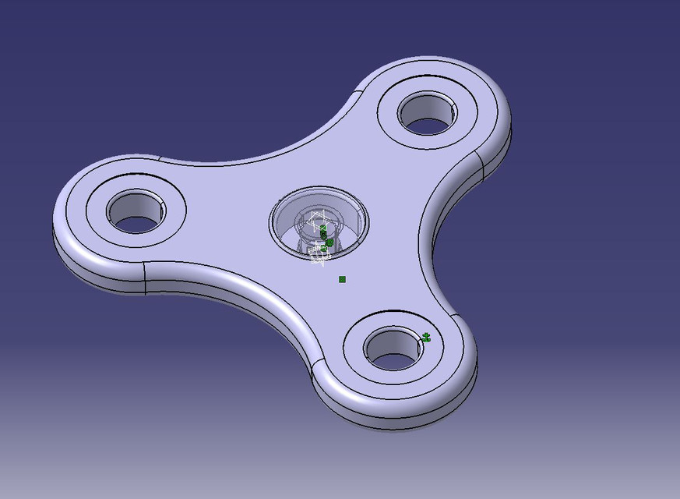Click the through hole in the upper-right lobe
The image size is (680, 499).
pyautogui.click(x=427, y=122)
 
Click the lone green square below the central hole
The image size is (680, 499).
pyautogui.click(x=342, y=279)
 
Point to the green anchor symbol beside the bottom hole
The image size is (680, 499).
pyautogui.click(x=426, y=337)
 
